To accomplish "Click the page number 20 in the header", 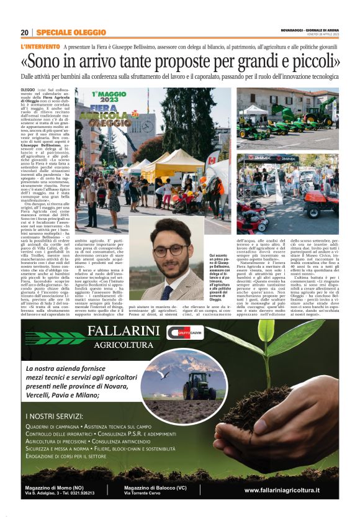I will pyautogui.click(x=25, y=33).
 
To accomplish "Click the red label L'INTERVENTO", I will pyautogui.click(x=40, y=47).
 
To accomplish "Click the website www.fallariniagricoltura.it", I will pyautogui.click(x=282, y=490).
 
